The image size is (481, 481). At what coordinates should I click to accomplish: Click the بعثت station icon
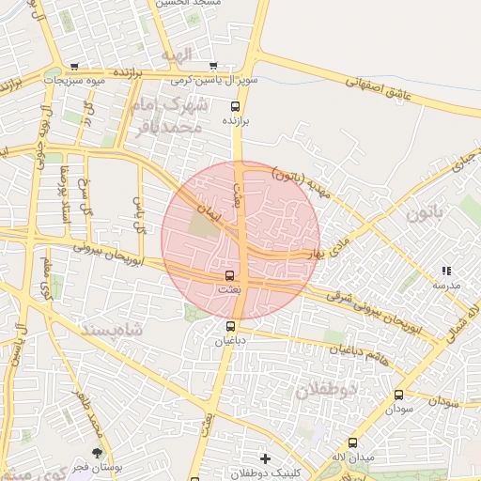231,276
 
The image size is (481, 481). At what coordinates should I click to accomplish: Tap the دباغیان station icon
231,327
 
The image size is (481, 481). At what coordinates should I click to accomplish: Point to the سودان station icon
399,396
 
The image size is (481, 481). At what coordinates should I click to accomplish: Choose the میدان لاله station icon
353,442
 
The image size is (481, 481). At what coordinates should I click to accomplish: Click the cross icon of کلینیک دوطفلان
266,459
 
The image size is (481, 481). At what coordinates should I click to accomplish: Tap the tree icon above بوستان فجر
98,453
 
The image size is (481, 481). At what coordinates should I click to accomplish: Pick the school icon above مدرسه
446,272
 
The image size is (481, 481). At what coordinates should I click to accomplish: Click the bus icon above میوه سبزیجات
74,67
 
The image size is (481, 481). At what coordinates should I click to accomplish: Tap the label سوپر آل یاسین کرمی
219,82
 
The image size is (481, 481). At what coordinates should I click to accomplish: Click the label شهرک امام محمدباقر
179,115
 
